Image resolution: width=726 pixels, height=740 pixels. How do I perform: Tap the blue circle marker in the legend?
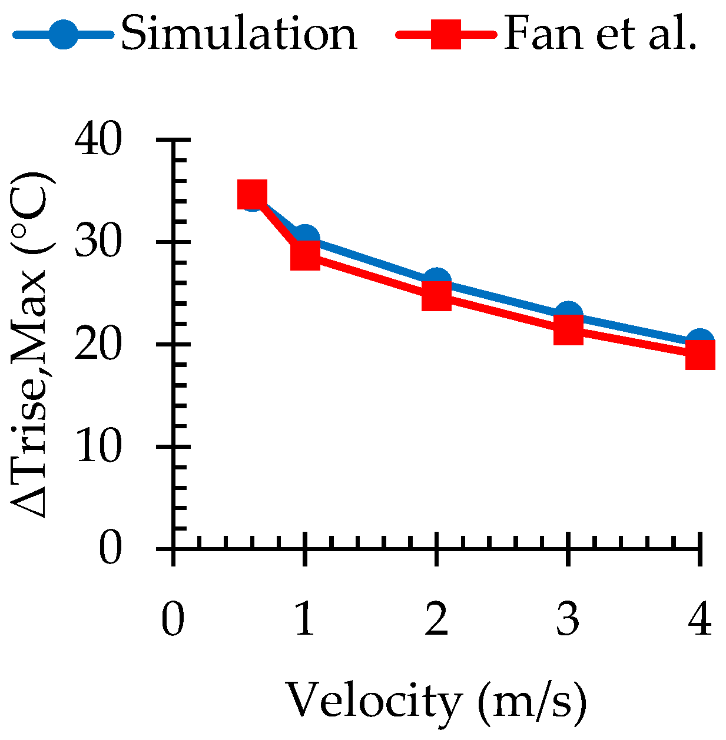point(62,35)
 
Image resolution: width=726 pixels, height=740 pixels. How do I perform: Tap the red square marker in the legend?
point(446,35)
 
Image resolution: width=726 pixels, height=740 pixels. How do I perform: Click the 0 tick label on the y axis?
point(110,549)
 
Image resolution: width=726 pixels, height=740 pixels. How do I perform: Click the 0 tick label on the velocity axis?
point(173,619)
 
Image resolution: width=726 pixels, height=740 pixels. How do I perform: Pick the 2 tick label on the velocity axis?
point(436,619)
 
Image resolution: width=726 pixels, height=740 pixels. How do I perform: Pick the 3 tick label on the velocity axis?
point(568,619)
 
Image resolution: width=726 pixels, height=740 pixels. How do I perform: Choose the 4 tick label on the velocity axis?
point(700,619)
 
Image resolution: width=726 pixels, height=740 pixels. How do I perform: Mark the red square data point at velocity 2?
point(436,295)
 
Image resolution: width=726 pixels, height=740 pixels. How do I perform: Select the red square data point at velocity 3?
point(568,329)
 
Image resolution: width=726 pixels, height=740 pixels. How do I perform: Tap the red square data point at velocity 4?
point(700,355)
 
